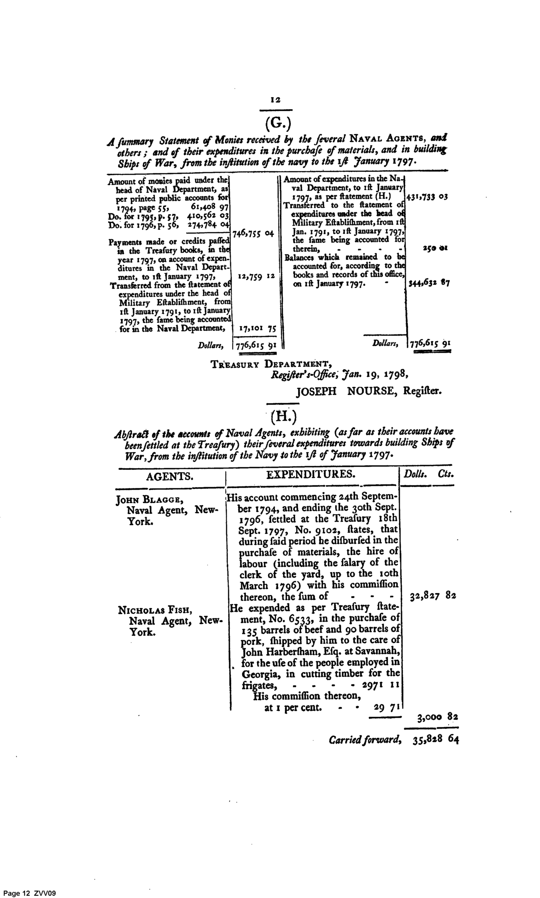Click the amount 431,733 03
428,197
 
